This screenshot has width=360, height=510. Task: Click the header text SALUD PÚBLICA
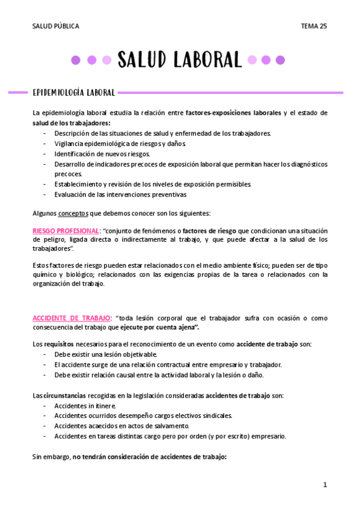point(55,26)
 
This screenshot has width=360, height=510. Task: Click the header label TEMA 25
point(314,26)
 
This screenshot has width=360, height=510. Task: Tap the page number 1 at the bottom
point(325,485)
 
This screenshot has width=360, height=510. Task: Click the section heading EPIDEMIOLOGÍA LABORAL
point(74,93)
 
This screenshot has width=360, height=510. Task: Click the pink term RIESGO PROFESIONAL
point(66,231)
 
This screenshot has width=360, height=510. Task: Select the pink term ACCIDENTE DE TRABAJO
point(72,318)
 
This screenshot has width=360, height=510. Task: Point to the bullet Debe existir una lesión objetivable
point(106,355)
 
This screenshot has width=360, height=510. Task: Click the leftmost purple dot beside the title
point(76,60)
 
